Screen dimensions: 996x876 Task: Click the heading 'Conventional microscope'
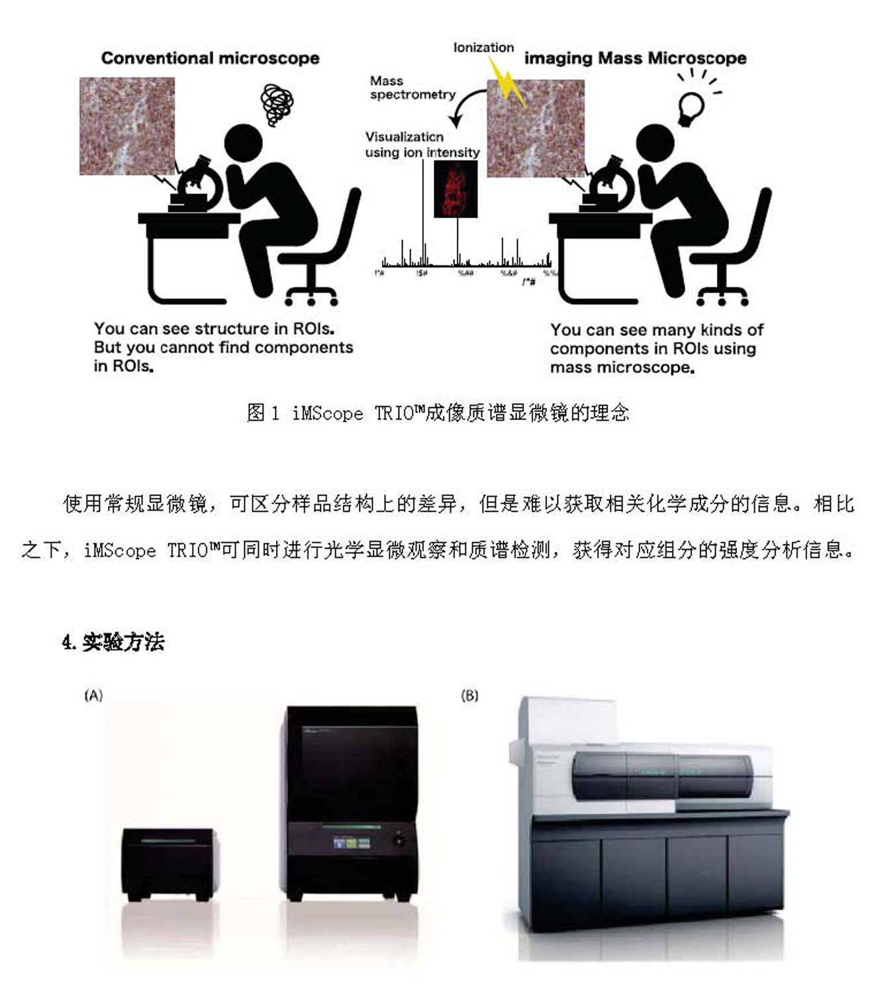(210, 58)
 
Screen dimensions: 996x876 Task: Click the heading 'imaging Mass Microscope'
(635, 58)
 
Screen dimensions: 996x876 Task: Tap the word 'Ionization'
(483, 48)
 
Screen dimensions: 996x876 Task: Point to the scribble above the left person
(277, 103)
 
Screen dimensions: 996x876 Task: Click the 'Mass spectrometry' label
(412, 87)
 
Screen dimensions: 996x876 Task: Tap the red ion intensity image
(456, 190)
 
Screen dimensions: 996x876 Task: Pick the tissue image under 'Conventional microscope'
(127, 126)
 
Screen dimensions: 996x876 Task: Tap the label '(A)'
(93, 695)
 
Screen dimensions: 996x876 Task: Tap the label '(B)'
(469, 695)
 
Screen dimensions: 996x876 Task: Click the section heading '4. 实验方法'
(113, 642)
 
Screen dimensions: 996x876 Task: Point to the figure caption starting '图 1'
(438, 413)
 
